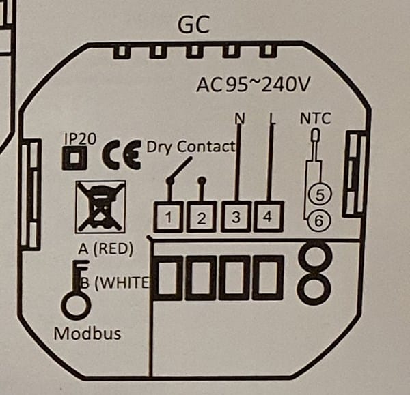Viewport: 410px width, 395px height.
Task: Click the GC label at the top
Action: tap(193, 25)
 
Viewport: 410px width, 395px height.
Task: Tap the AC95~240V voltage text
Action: tap(254, 85)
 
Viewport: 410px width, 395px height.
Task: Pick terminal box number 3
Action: tap(236, 218)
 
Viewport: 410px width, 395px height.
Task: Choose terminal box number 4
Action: tap(269, 218)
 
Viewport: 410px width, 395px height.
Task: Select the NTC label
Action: tap(315, 119)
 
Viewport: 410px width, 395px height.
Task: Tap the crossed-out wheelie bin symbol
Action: tap(100, 207)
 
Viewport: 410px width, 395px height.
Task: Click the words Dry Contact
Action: tap(191, 145)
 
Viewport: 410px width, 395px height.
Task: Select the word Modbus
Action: tap(87, 334)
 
